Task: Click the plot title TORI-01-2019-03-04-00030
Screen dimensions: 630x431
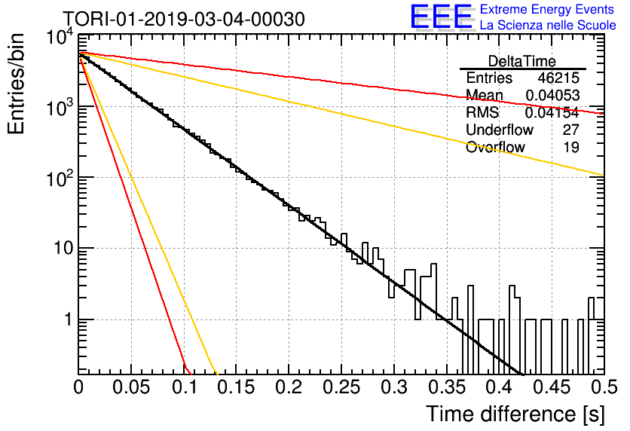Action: (x=185, y=19)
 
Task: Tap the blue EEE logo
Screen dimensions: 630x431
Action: (x=442, y=17)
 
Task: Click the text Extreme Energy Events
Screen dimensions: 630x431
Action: (x=547, y=9)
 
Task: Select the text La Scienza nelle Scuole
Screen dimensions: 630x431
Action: (x=548, y=25)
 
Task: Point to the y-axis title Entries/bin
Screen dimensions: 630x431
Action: (x=16, y=84)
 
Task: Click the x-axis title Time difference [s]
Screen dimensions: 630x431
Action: (x=515, y=414)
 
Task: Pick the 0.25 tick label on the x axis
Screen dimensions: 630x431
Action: (x=341, y=387)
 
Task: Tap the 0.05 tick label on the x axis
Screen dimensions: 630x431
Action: (x=131, y=387)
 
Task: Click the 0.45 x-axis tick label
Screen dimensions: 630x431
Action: (x=552, y=387)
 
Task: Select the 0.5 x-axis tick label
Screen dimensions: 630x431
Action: (x=604, y=387)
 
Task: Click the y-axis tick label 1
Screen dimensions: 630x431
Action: (x=68, y=319)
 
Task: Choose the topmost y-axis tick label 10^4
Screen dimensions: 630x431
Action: (x=60, y=38)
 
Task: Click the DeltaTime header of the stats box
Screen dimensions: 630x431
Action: (x=522, y=61)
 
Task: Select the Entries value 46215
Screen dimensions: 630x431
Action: (x=558, y=78)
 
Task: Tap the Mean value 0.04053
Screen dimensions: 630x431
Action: (x=552, y=95)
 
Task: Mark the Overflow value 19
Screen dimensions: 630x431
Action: (x=571, y=148)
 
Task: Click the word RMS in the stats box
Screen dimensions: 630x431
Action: (x=482, y=112)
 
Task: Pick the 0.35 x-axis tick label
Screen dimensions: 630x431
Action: (x=447, y=387)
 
